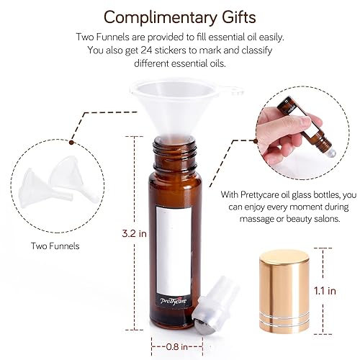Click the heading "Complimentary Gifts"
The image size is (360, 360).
coord(180,16)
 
